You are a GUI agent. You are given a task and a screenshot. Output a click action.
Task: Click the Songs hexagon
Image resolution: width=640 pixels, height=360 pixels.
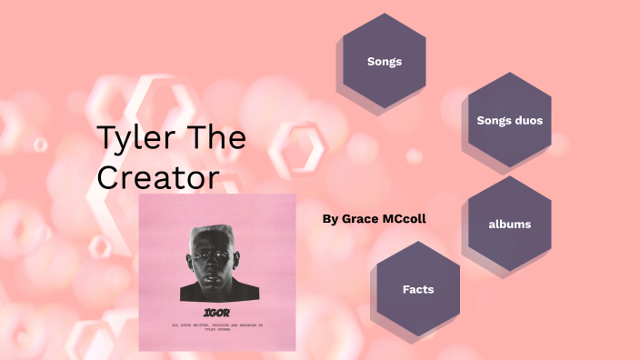tap(384, 62)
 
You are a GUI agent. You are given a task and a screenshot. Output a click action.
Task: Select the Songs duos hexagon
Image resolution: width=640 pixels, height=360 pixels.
tap(509, 120)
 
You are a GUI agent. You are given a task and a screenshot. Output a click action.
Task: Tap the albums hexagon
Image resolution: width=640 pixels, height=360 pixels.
tap(509, 224)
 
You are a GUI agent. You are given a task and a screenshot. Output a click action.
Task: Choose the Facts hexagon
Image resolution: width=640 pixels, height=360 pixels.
tap(418, 289)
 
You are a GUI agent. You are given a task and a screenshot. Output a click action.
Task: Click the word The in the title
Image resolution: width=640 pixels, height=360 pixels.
tap(215, 139)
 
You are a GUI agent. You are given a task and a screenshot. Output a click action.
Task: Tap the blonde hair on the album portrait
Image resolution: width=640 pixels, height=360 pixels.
tap(215, 233)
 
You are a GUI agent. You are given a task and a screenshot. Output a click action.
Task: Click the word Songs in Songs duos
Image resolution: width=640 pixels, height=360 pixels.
tap(493, 120)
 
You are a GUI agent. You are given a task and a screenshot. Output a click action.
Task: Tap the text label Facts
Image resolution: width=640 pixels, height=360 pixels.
tap(418, 289)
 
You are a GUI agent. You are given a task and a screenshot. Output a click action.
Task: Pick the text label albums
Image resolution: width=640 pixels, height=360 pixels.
tap(509, 224)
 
